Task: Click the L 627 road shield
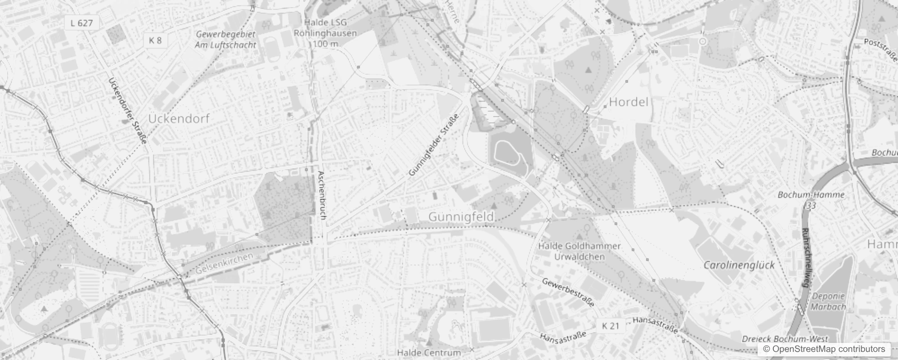[x=82, y=23]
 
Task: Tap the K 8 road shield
[x=155, y=40]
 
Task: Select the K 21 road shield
[x=611, y=326]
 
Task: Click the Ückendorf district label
[x=179, y=119]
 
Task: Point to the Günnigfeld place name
[x=461, y=217]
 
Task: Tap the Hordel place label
[x=629, y=102]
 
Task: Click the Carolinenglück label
[x=739, y=265]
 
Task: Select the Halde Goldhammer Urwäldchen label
[x=579, y=252]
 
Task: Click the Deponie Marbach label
[x=828, y=301]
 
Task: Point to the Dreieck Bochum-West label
[x=785, y=339]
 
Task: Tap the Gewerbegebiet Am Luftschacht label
[x=225, y=40]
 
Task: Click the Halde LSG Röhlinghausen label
[x=325, y=33]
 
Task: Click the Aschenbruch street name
[x=321, y=195]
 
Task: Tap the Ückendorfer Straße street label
[x=128, y=111]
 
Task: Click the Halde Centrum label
[x=429, y=352]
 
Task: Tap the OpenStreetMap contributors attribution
[x=824, y=349]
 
